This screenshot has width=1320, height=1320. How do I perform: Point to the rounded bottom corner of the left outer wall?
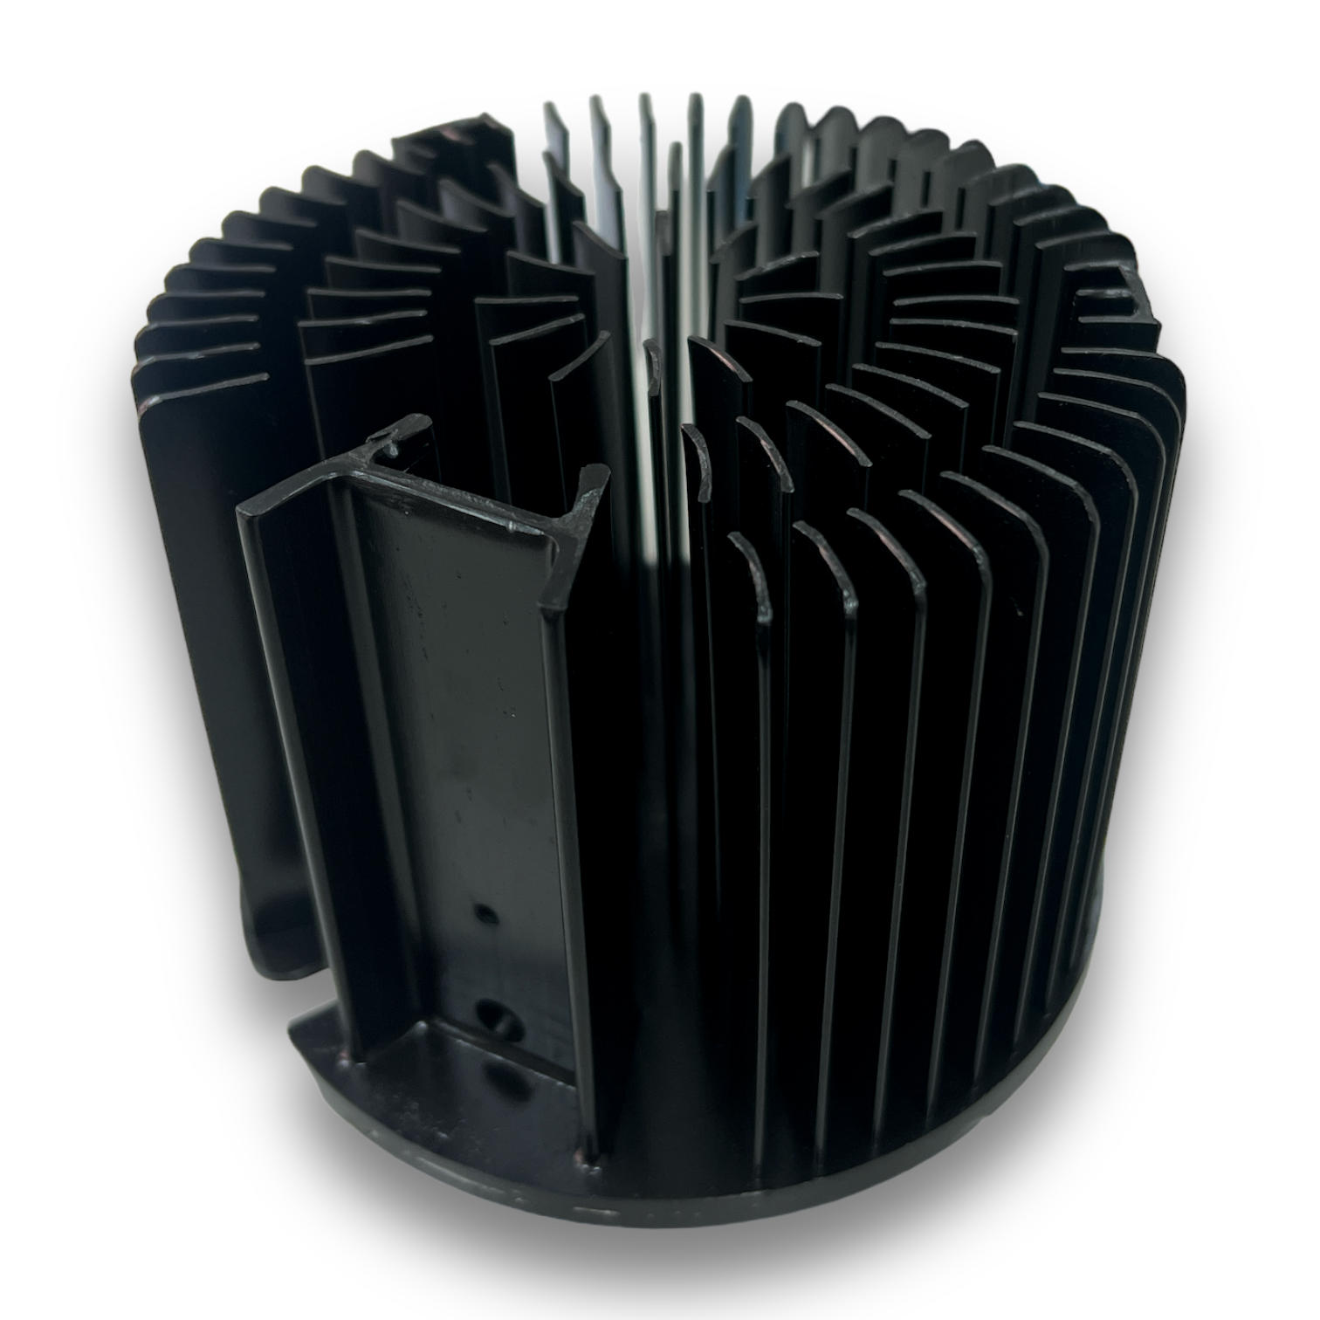pos(271,960)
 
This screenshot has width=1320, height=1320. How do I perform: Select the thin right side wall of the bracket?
pos(567,829)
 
